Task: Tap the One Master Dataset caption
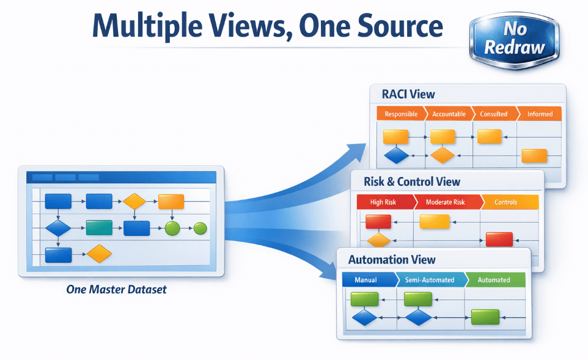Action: click(x=116, y=289)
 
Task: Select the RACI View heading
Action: click(x=408, y=94)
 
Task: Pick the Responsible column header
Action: click(x=401, y=114)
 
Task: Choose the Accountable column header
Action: click(x=449, y=114)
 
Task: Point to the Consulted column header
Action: click(x=493, y=114)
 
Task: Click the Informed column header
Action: click(x=539, y=114)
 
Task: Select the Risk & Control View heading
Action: click(x=412, y=182)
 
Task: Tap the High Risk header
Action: click(x=384, y=202)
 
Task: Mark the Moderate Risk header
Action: click(x=445, y=202)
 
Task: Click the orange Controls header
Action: click(x=506, y=202)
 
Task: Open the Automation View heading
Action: click(x=388, y=260)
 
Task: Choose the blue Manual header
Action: click(x=366, y=280)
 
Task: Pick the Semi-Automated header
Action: click(x=430, y=280)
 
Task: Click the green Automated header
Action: click(x=493, y=280)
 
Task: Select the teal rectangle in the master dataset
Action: click(x=98, y=228)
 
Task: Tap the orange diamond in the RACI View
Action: click(x=443, y=156)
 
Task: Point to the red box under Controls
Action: click(x=499, y=239)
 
